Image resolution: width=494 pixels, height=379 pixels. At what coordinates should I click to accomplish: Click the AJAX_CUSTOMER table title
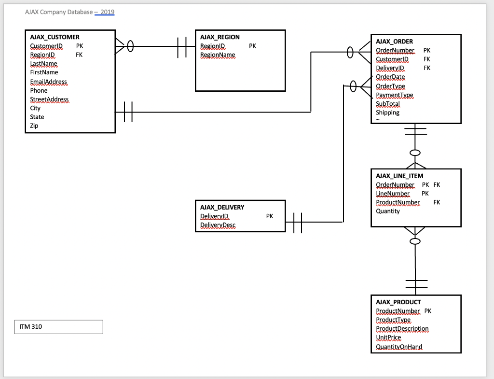tap(55, 37)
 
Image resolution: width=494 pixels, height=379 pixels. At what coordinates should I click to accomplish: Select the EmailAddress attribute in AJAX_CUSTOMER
tap(48, 82)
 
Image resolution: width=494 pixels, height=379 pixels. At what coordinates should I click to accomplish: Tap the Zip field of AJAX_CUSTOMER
tap(34, 126)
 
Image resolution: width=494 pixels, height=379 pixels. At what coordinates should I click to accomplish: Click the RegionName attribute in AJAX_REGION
tap(218, 55)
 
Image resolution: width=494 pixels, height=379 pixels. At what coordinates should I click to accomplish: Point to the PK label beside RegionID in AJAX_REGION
tap(252, 46)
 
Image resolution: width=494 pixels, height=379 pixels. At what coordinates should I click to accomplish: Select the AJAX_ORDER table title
tap(394, 42)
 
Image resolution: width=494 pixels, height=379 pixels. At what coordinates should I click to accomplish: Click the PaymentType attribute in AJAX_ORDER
tap(394, 95)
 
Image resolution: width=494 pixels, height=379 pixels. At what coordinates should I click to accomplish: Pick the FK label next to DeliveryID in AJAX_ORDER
tap(427, 68)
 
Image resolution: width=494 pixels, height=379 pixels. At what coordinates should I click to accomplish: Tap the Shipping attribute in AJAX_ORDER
tap(387, 112)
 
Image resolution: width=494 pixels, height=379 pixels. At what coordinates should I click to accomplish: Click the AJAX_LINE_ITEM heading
tap(399, 176)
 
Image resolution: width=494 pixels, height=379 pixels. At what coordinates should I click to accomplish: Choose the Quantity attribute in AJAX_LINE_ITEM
tap(388, 211)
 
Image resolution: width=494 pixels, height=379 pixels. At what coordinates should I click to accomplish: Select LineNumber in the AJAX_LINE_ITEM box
tap(392, 194)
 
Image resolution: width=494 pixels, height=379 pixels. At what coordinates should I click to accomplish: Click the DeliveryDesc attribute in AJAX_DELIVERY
tap(218, 225)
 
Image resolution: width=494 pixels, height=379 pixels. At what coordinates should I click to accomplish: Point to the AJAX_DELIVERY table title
tap(222, 207)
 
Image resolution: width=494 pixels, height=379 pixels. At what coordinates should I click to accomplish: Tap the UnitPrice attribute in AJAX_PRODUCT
tap(388, 337)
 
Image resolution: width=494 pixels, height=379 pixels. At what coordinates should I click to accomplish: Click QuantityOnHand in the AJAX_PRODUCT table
tap(398, 347)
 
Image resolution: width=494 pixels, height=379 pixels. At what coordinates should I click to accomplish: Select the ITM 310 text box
tap(59, 327)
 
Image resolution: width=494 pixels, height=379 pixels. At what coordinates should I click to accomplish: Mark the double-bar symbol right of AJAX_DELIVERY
tap(298, 223)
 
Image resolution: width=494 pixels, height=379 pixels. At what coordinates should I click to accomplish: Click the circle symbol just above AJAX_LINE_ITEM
tap(414, 153)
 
